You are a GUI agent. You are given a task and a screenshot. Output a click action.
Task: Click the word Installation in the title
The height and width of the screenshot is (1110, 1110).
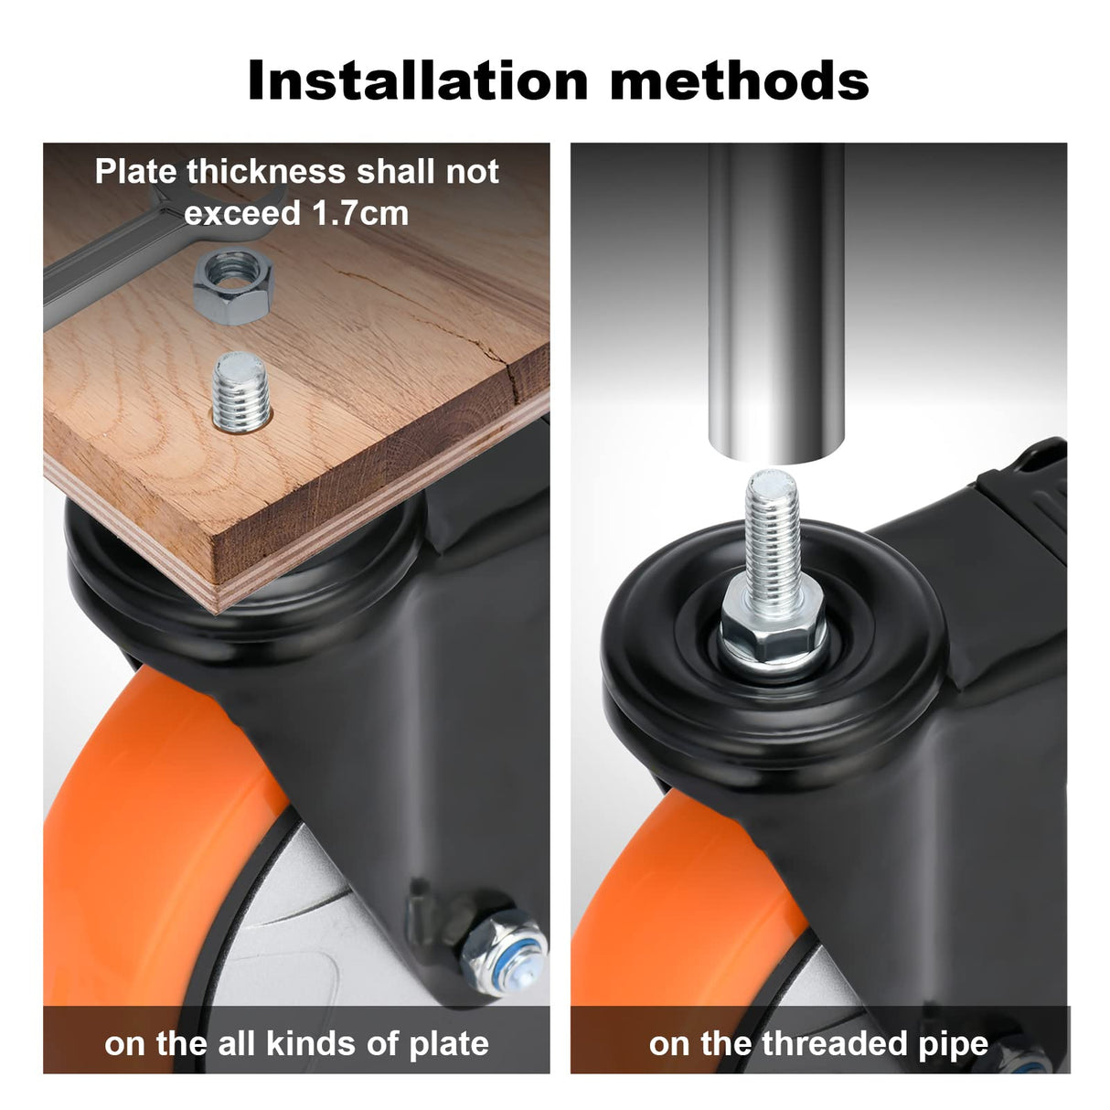tap(417, 80)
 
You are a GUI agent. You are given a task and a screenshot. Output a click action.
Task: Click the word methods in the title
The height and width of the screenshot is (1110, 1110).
tap(739, 80)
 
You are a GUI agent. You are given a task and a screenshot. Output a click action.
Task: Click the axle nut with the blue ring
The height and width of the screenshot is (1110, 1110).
tap(504, 950)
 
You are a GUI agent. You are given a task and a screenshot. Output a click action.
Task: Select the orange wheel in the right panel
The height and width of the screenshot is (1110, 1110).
tap(677, 896)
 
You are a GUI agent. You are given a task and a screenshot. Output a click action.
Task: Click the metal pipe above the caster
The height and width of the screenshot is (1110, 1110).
tap(775, 302)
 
